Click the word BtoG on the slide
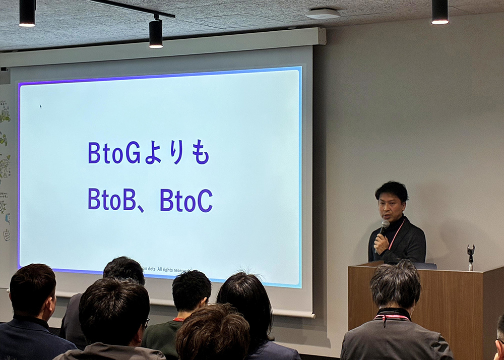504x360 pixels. [114, 152]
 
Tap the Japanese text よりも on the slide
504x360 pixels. [176, 153]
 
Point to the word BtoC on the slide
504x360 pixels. [186, 200]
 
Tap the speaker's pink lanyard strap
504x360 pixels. [396, 233]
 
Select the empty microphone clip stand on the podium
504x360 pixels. [471, 255]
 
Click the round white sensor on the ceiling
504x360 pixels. [323, 14]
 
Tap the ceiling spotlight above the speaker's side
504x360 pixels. [439, 12]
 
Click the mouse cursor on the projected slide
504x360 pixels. [40, 106]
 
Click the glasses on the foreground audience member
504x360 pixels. [147, 321]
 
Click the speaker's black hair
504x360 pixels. [392, 190]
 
